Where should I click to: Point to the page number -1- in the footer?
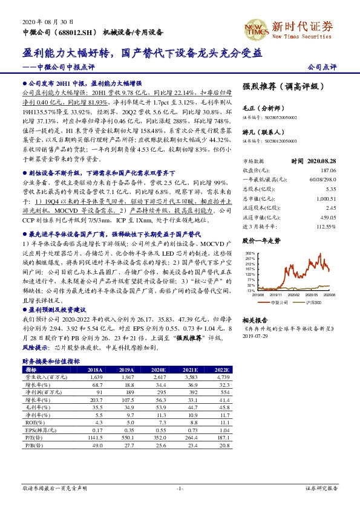pos(180,487)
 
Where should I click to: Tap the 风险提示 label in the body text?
pos(36,349)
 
